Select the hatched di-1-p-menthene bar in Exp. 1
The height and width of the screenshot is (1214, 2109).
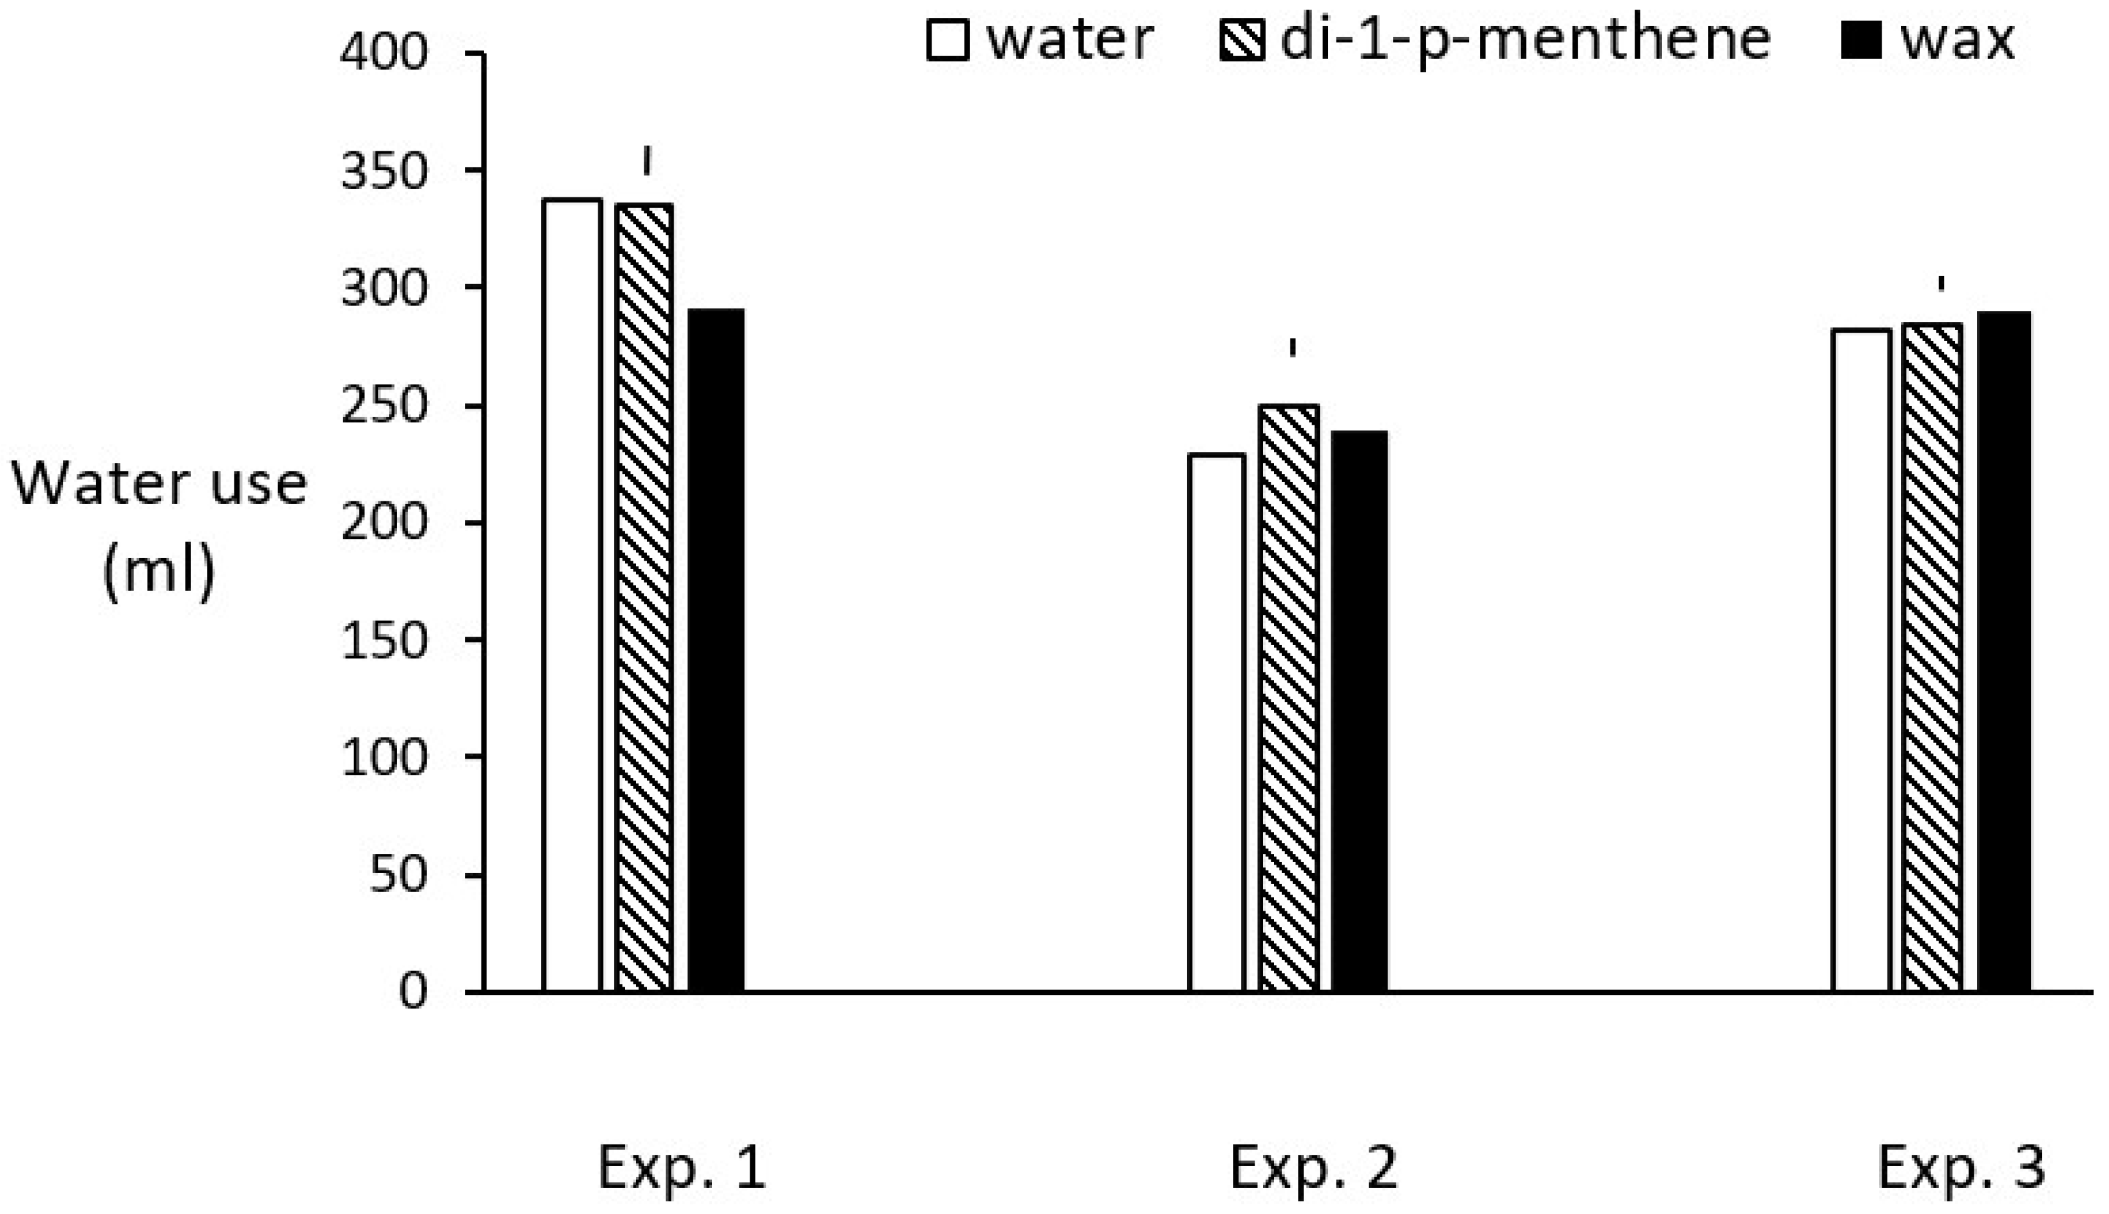644,597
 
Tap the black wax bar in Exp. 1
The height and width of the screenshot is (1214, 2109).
715,649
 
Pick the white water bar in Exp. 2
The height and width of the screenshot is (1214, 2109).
1216,722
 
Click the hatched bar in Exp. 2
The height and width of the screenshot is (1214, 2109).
1289,698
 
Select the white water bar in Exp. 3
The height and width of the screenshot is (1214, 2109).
1861,660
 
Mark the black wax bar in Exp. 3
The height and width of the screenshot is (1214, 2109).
2004,651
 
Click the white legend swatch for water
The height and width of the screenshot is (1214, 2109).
947,40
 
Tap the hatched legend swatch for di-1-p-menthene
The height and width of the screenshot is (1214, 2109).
1241,40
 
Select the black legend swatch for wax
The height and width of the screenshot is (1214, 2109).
1861,40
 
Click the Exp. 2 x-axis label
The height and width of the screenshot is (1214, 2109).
1313,1167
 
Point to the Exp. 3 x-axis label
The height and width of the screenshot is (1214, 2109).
1961,1167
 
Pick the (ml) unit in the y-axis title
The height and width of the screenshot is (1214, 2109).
159,571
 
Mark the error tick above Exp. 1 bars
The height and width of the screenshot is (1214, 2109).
646,161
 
